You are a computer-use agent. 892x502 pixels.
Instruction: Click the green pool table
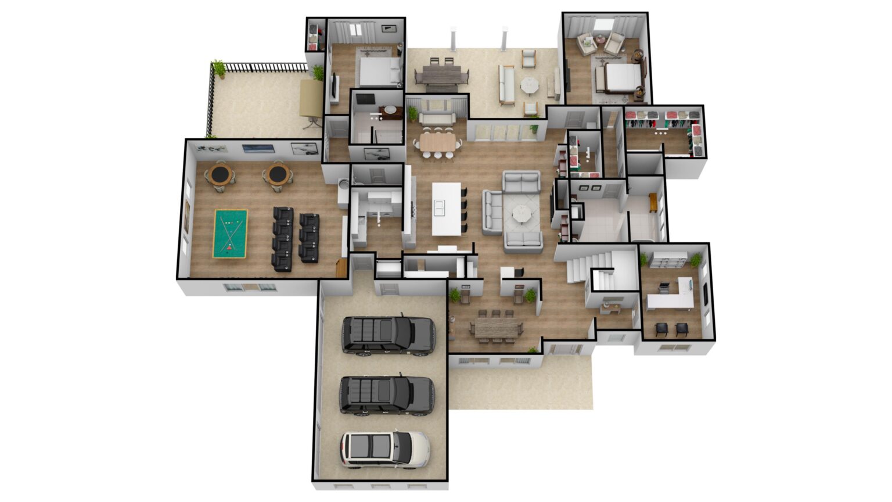[231, 234]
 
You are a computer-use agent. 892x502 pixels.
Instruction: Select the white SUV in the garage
[384, 449]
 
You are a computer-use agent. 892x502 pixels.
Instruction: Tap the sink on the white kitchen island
[440, 207]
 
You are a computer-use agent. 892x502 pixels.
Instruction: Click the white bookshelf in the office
[669, 260]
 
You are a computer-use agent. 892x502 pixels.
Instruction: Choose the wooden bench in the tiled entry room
[653, 203]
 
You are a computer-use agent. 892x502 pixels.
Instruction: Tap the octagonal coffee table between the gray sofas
[521, 214]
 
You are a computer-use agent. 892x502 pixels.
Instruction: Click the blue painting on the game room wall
[258, 148]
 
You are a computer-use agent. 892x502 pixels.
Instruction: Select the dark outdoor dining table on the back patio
[441, 74]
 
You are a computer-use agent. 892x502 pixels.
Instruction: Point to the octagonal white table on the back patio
[530, 85]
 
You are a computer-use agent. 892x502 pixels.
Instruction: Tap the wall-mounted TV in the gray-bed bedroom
[334, 87]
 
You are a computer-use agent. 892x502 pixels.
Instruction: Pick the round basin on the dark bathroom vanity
[392, 109]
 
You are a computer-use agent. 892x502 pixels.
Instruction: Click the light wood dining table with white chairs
[439, 141]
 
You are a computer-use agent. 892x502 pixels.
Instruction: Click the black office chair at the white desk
[663, 286]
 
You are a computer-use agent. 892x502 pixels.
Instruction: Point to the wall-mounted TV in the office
[705, 294]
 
